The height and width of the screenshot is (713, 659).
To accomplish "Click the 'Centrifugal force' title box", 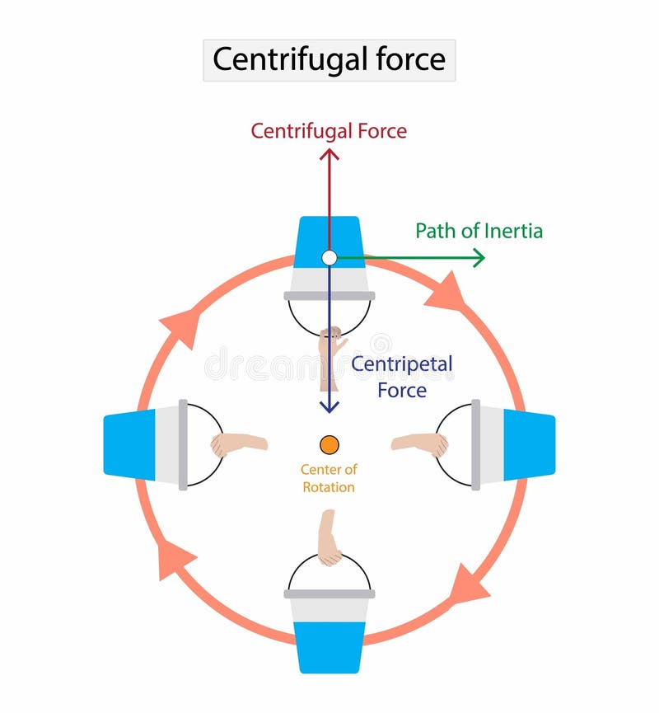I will point(329,60).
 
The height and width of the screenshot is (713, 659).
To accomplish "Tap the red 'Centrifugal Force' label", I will point(329,131).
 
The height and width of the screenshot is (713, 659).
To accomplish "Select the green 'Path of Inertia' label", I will point(479,231).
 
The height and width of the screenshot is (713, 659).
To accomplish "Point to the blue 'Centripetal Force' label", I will point(402,377).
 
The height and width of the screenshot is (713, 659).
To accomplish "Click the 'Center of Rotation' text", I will point(329,479).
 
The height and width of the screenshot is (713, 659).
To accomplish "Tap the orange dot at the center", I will point(329,444).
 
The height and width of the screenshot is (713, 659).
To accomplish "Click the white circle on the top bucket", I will point(329,258).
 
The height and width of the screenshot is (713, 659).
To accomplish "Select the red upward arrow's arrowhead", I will point(329,154).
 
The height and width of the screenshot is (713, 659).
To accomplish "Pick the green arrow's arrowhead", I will point(478,259).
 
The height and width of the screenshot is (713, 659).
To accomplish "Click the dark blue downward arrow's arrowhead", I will point(329,406).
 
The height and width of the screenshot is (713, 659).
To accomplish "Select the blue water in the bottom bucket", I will point(329,646).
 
